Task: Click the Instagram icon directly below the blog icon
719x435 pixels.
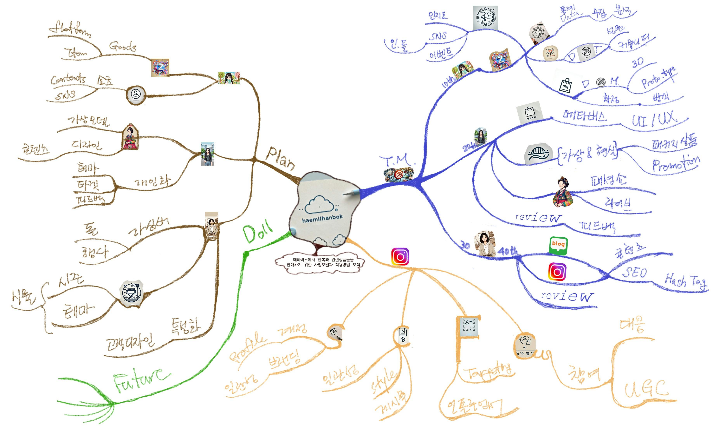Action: [557, 272]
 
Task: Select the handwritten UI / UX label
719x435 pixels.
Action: [654, 120]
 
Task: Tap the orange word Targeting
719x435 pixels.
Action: [489, 372]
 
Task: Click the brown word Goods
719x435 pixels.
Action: [123, 46]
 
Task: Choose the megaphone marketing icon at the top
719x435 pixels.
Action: [485, 18]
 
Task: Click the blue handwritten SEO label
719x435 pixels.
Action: [634, 273]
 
